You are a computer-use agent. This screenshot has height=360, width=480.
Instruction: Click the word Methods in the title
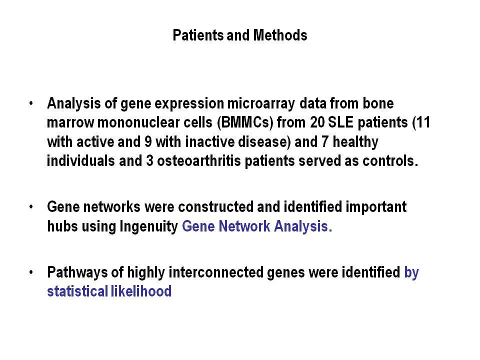(x=280, y=35)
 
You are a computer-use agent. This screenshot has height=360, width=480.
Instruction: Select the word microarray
(x=261, y=104)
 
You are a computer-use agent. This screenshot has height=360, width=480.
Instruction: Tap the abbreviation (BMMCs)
(x=245, y=123)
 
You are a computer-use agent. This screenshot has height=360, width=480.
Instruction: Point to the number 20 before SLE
(x=317, y=122)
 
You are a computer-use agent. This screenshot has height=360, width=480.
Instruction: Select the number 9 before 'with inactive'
(x=148, y=142)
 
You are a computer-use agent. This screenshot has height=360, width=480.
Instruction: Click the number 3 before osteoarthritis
(x=149, y=161)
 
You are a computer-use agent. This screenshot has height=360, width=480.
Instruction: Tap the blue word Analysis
(x=303, y=226)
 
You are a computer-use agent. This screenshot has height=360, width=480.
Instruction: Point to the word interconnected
(x=216, y=272)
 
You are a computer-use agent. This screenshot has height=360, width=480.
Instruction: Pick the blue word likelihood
(x=141, y=291)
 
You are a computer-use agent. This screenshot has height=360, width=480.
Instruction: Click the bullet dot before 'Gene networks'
(x=31, y=207)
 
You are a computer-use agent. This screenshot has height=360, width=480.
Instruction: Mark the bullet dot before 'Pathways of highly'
(x=31, y=272)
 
